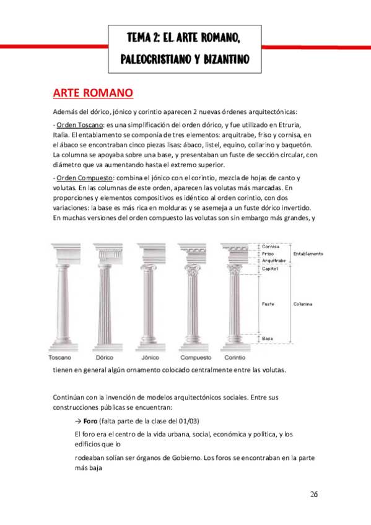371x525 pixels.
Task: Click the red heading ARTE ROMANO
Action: point(92,93)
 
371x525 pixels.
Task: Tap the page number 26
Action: point(314,494)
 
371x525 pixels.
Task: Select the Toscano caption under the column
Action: point(60,358)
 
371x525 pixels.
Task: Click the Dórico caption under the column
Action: point(104,358)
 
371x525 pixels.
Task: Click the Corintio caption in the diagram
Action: point(235,358)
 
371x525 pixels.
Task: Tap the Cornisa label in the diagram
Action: point(271,246)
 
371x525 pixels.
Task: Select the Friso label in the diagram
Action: point(268,254)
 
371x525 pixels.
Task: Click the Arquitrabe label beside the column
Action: point(273,261)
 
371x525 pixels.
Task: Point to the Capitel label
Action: point(270,269)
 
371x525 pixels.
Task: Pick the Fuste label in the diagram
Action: point(268,304)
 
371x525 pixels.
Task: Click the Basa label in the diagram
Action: point(268,339)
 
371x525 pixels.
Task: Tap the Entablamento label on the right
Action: point(308,254)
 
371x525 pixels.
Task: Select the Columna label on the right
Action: point(303,304)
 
